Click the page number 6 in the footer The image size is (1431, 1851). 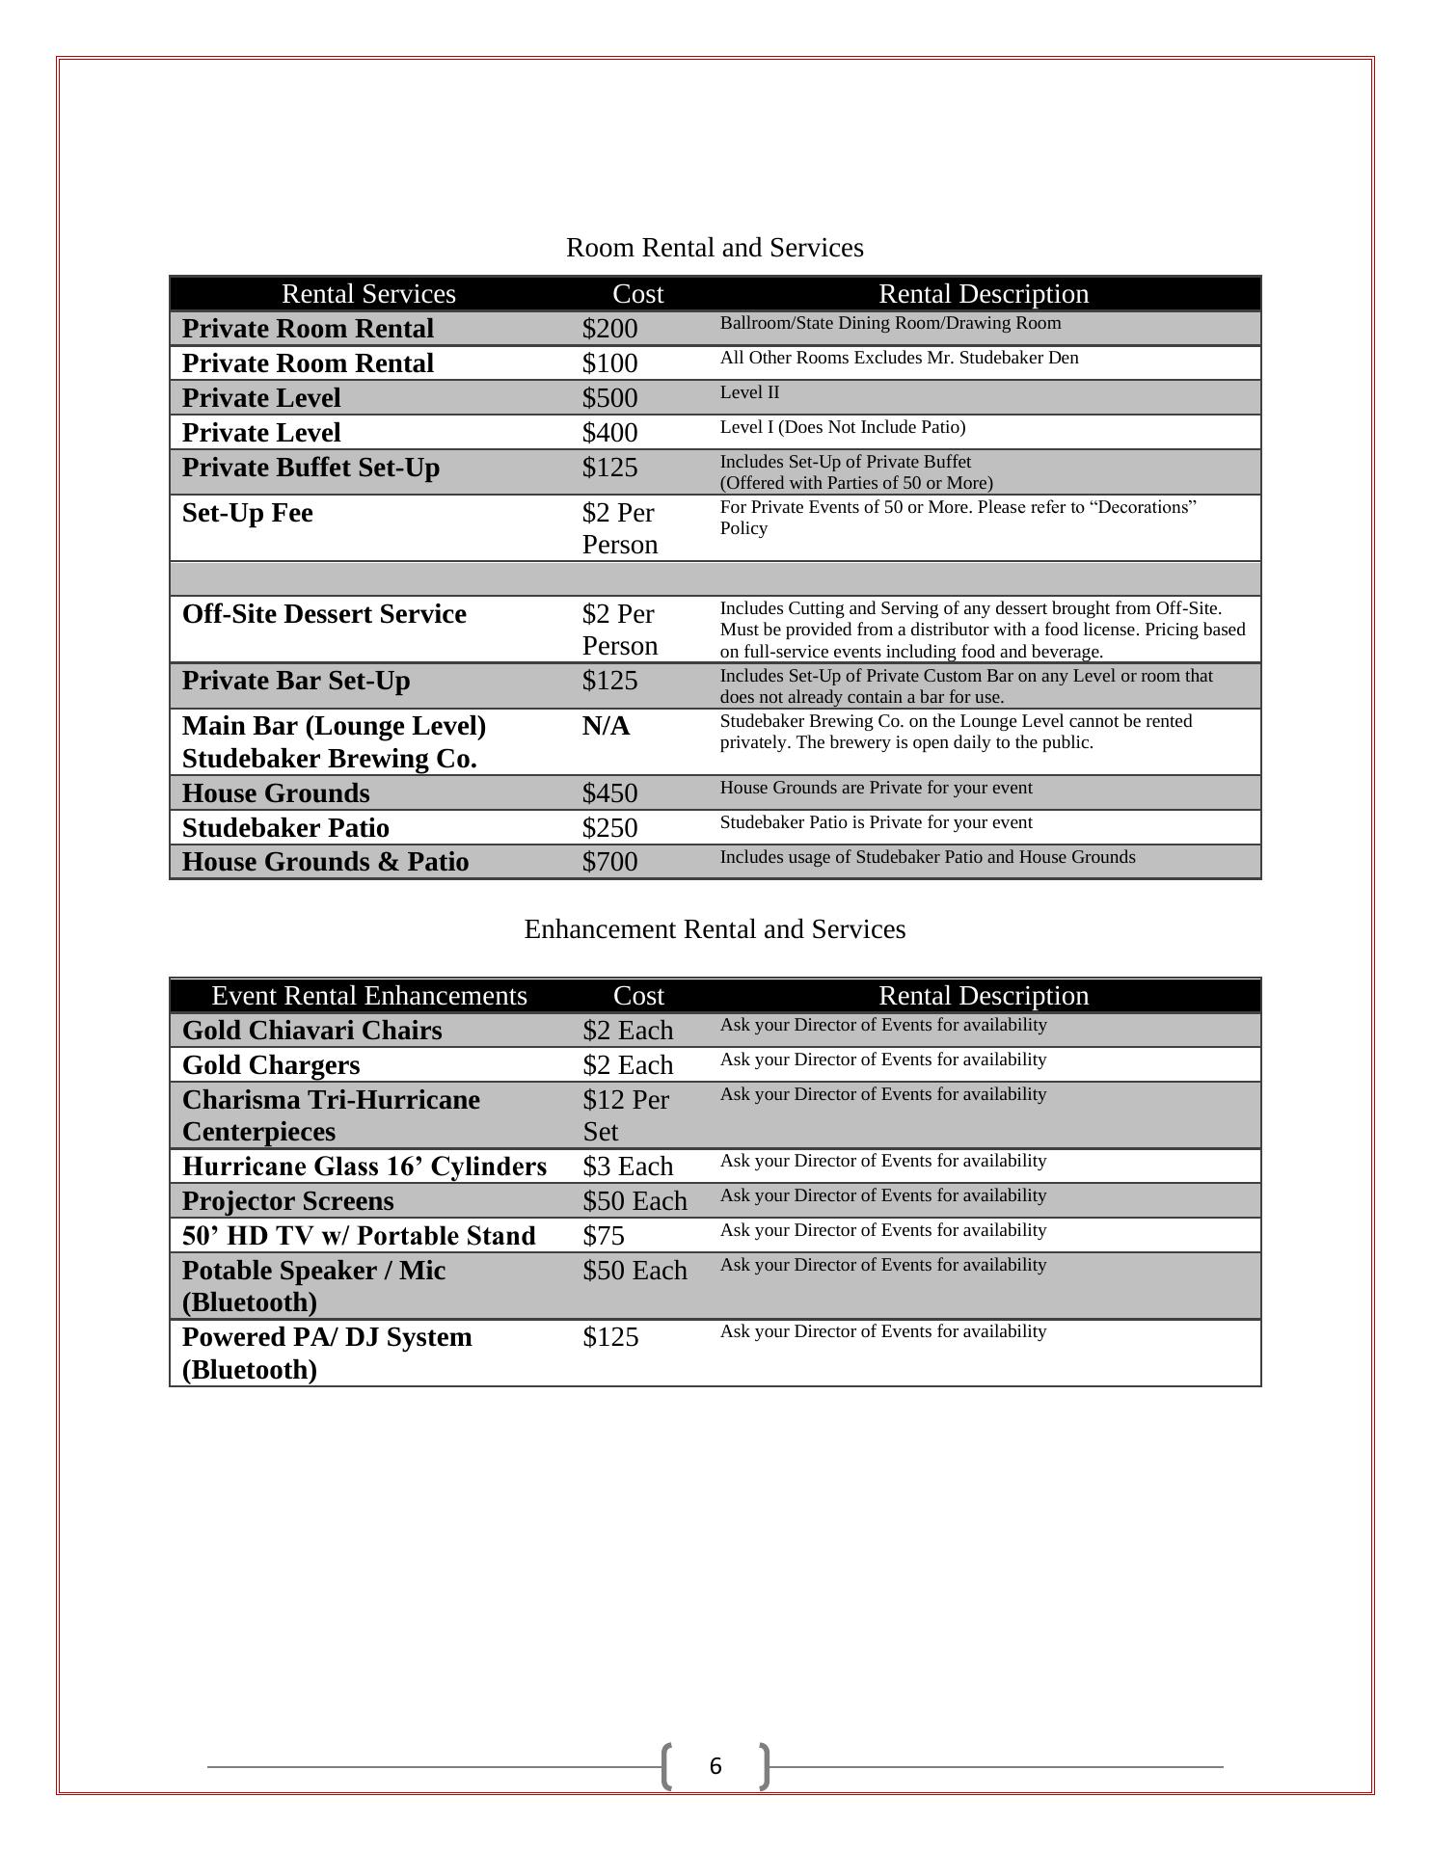click(715, 1766)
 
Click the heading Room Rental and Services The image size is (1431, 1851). click(715, 248)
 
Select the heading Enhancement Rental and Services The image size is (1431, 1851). click(715, 929)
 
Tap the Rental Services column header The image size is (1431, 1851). click(368, 294)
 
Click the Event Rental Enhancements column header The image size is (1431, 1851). click(368, 996)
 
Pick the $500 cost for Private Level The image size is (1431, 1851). click(609, 398)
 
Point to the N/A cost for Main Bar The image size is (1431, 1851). click(606, 726)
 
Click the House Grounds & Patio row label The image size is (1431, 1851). click(325, 862)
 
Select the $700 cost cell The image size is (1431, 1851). click(609, 862)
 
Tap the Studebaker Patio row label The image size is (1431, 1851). click(285, 828)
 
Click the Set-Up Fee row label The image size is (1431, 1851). click(248, 513)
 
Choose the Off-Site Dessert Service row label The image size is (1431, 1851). click(324, 614)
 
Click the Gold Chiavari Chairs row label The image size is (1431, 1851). click(311, 1031)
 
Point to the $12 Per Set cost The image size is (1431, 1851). click(625, 1115)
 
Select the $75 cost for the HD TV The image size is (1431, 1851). click(604, 1236)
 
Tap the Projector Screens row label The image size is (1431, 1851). click(287, 1201)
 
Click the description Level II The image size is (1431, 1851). click(749, 392)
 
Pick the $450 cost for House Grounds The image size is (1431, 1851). click(609, 793)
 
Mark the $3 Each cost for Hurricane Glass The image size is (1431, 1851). click(628, 1167)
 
